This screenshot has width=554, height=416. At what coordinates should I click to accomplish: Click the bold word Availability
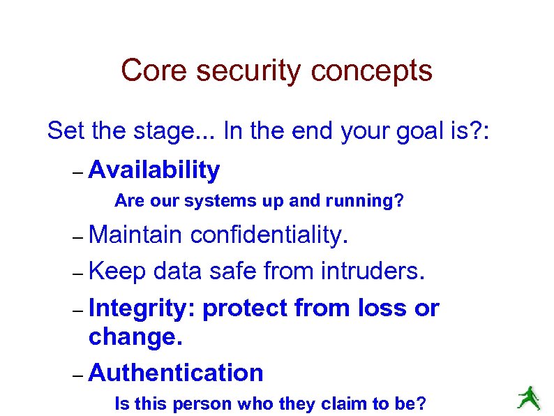point(154,170)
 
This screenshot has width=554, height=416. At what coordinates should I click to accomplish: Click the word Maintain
point(135,235)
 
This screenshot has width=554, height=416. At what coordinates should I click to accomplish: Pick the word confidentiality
point(269,235)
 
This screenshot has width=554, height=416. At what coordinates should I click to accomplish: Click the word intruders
point(372,270)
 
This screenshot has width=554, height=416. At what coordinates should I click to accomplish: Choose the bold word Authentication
point(176,373)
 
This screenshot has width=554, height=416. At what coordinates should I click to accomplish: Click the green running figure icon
point(528,397)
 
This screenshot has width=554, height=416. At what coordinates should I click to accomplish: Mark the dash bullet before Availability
point(77,171)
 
